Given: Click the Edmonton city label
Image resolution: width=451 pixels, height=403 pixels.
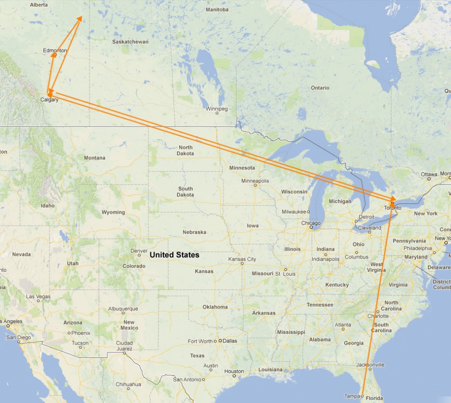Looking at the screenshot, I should point(55,51).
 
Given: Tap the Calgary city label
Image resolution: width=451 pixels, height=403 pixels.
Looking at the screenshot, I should point(49,100).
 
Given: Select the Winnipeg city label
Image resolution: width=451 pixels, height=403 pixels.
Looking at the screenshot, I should point(217,108).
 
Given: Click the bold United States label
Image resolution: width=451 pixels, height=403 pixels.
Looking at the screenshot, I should point(174,255).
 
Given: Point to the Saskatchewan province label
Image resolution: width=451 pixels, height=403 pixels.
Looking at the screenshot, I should point(130,42).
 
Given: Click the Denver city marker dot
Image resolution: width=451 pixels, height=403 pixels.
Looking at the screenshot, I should point(139,255).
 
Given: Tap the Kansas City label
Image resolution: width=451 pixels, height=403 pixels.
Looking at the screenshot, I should point(242,259).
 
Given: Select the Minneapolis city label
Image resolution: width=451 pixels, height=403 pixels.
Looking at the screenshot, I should point(255,181).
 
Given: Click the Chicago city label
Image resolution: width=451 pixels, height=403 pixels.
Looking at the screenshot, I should point(311,223).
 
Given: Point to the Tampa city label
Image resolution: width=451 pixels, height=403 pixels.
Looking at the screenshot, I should point(352,396).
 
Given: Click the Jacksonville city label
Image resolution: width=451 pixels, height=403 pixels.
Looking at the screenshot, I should point(370,365).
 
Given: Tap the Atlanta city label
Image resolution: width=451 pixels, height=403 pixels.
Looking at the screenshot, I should point(343,325).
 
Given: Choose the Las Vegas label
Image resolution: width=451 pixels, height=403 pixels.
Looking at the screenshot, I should point(38,297).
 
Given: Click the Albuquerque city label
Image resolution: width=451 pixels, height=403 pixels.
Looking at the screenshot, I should point(123,309).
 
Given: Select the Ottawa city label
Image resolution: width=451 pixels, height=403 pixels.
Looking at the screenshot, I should point(429,174).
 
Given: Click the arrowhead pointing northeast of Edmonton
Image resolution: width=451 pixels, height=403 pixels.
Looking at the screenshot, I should point(80,18).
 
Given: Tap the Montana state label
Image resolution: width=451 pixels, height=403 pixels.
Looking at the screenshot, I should point(95,158).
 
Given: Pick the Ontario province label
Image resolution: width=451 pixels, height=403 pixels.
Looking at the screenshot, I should point(320,88).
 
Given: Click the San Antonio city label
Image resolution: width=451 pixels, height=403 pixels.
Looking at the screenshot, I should point(187,379).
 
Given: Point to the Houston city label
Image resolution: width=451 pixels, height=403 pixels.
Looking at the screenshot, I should point(234,371).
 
